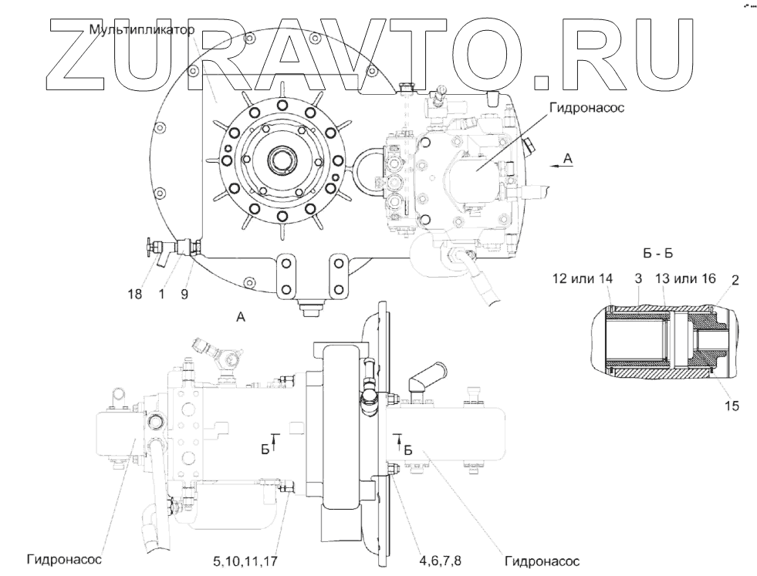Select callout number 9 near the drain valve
point(184,293)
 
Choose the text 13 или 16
point(684,278)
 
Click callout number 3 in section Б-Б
point(638,278)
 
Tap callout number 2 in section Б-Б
point(735,278)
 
